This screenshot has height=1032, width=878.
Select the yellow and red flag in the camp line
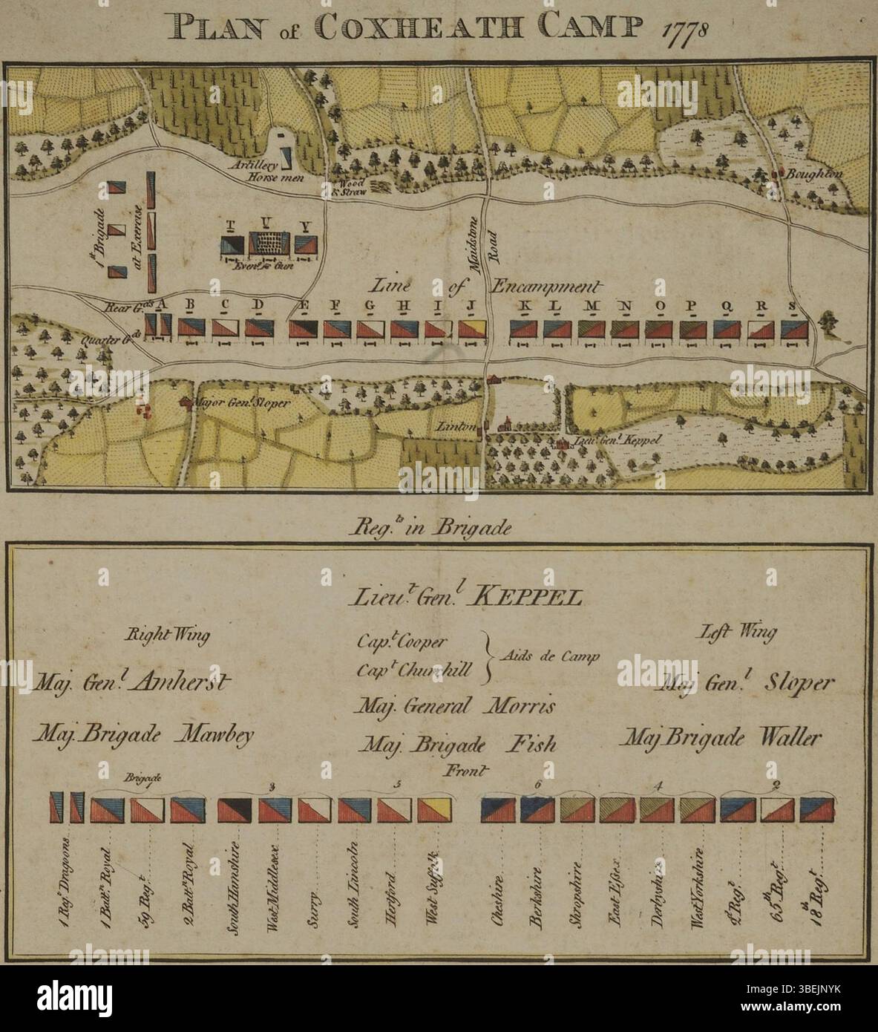[471, 330]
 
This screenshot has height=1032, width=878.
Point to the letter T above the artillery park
[231, 224]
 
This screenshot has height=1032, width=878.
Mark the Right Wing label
[166, 635]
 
